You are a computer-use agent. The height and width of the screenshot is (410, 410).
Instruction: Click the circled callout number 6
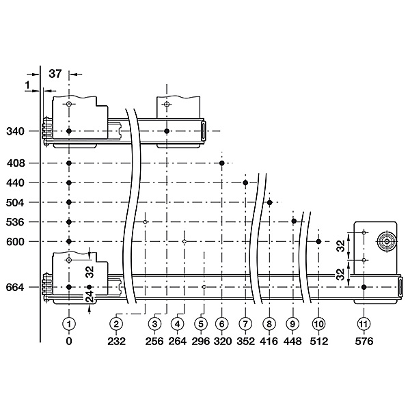[221, 324]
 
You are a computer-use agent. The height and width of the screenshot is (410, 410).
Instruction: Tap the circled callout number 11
[364, 324]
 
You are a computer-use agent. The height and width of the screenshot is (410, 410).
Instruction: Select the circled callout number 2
[116, 324]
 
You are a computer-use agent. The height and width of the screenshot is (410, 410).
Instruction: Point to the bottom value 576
[364, 341]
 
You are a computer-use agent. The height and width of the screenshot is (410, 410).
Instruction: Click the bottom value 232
[116, 341]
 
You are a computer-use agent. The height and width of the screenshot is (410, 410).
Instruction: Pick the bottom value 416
[269, 341]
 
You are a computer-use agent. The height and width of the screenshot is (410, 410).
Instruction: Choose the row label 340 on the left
[15, 131]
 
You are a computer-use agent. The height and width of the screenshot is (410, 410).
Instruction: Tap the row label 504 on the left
[15, 203]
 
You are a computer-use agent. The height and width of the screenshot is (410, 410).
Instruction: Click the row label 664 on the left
[15, 288]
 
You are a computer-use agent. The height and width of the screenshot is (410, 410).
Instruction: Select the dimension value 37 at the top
[55, 74]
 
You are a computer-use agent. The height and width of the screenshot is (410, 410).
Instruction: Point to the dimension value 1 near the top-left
[27, 85]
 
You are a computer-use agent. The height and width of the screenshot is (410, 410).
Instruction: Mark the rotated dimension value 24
[90, 297]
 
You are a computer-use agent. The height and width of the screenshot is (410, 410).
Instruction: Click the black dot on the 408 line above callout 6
[221, 163]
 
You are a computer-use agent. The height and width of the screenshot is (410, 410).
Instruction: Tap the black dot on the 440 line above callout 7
[245, 182]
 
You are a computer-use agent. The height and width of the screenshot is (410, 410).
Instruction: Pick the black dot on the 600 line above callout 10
[318, 242]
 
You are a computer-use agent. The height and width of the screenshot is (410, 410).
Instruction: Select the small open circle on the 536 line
[145, 222]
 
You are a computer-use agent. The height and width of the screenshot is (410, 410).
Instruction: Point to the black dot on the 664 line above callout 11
[364, 287]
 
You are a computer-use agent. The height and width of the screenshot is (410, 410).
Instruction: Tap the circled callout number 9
[292, 324]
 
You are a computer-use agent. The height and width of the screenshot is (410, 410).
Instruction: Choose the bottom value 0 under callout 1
[69, 341]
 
